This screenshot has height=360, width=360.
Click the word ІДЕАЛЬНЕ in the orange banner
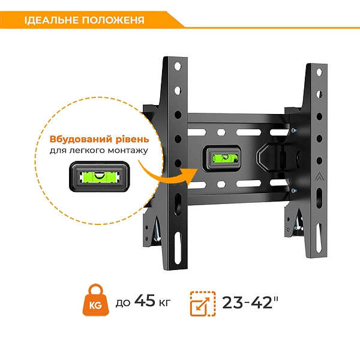52,20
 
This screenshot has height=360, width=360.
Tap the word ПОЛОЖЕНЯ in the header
113,20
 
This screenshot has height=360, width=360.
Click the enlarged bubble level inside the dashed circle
100,177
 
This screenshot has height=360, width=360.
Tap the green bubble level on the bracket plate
221,158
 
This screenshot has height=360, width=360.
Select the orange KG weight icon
96,300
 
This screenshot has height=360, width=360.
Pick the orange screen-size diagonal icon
203,304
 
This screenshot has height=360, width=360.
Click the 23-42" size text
250,302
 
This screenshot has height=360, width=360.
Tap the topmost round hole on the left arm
178,67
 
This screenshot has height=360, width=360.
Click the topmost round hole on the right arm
319,73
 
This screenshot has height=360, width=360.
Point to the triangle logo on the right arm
319,176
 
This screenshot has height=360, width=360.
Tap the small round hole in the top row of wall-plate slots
221,132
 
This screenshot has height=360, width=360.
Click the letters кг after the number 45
165,302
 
